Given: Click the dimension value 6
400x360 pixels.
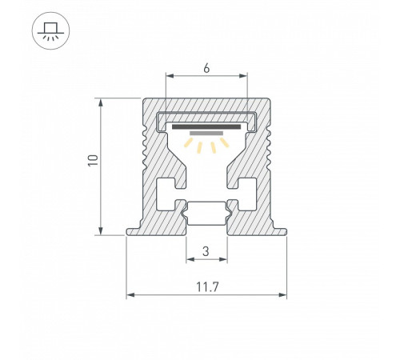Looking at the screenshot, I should pyautogui.click(x=206, y=69).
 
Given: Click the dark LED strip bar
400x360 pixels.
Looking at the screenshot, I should pyautogui.click(x=206, y=126).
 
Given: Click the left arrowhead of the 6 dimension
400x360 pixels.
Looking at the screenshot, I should pyautogui.click(x=169, y=78).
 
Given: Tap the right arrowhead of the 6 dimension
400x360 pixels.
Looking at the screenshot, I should pyautogui.click(x=244, y=78).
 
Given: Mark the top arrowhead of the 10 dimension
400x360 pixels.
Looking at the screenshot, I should pyautogui.click(x=101, y=102).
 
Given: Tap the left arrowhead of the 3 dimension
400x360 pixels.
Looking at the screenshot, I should pyautogui.click(x=190, y=261).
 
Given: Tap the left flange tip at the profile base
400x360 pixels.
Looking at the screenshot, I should pyautogui.click(x=130, y=232).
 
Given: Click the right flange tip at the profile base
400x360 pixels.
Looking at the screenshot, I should pyautogui.click(x=282, y=232).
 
